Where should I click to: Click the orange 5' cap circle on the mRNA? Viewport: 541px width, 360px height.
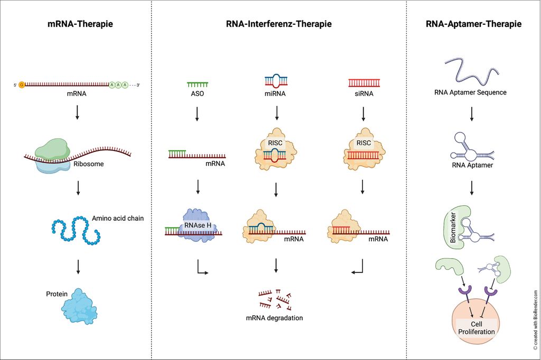click(22, 84)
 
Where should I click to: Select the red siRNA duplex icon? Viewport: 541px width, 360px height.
click(364, 83)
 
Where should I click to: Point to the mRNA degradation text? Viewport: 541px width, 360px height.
click(274, 318)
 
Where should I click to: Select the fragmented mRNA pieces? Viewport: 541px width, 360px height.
click(275, 299)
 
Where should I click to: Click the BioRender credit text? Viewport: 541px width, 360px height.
click(535, 321)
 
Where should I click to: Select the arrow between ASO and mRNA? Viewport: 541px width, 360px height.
click(197, 113)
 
